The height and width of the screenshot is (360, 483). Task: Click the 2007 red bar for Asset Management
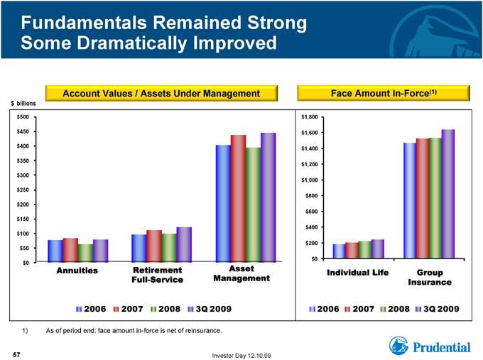click(238, 198)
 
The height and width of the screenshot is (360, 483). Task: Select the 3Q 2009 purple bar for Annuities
click(100, 251)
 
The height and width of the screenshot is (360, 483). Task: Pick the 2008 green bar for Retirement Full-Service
click(169, 248)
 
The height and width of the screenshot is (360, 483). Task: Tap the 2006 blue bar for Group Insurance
click(410, 200)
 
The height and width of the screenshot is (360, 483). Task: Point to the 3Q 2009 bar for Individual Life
click(378, 249)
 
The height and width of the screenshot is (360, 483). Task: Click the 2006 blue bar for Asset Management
click(223, 204)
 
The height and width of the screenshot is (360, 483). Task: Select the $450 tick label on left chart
click(23, 131)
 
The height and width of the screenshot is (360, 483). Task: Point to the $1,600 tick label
click(309, 133)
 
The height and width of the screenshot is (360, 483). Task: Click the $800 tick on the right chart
click(311, 195)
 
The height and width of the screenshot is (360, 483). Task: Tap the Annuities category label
click(77, 271)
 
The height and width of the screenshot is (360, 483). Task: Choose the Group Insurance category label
click(430, 277)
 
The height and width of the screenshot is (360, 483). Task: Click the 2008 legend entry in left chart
click(165, 309)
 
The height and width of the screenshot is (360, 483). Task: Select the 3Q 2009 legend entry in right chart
click(438, 309)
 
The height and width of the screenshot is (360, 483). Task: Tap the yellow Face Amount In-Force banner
click(384, 93)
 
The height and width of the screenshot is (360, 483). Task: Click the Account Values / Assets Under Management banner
click(161, 93)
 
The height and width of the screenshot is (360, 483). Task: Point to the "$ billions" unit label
click(23, 104)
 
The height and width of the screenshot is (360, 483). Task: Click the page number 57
click(16, 355)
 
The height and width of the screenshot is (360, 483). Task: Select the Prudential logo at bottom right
click(430, 346)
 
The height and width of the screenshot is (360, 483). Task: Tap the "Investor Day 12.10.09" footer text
click(241, 356)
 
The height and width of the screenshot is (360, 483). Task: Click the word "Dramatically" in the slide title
click(132, 43)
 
